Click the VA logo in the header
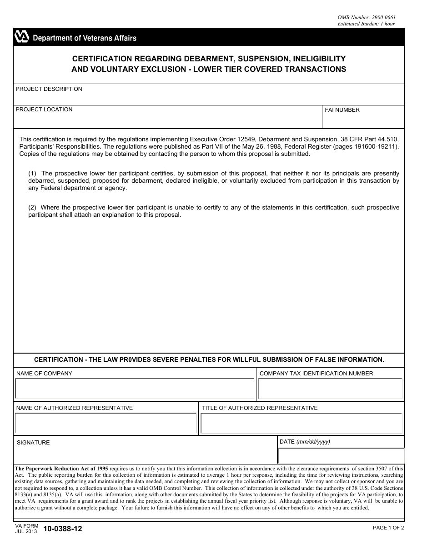click(22, 37)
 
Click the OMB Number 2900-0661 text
click(366, 17)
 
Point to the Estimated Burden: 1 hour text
click(366, 24)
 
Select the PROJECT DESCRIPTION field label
click(49, 89)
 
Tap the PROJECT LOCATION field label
click(44, 110)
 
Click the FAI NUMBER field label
click(342, 110)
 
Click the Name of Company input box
click(135, 389)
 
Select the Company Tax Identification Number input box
click(330, 389)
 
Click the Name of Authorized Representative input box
click(105, 424)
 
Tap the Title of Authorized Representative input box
click(301, 424)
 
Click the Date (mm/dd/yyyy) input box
click(341, 456)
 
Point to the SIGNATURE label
click(33, 443)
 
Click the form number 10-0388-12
click(63, 529)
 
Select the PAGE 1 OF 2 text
click(388, 528)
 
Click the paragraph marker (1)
click(32, 174)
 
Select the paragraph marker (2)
click(32, 208)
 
